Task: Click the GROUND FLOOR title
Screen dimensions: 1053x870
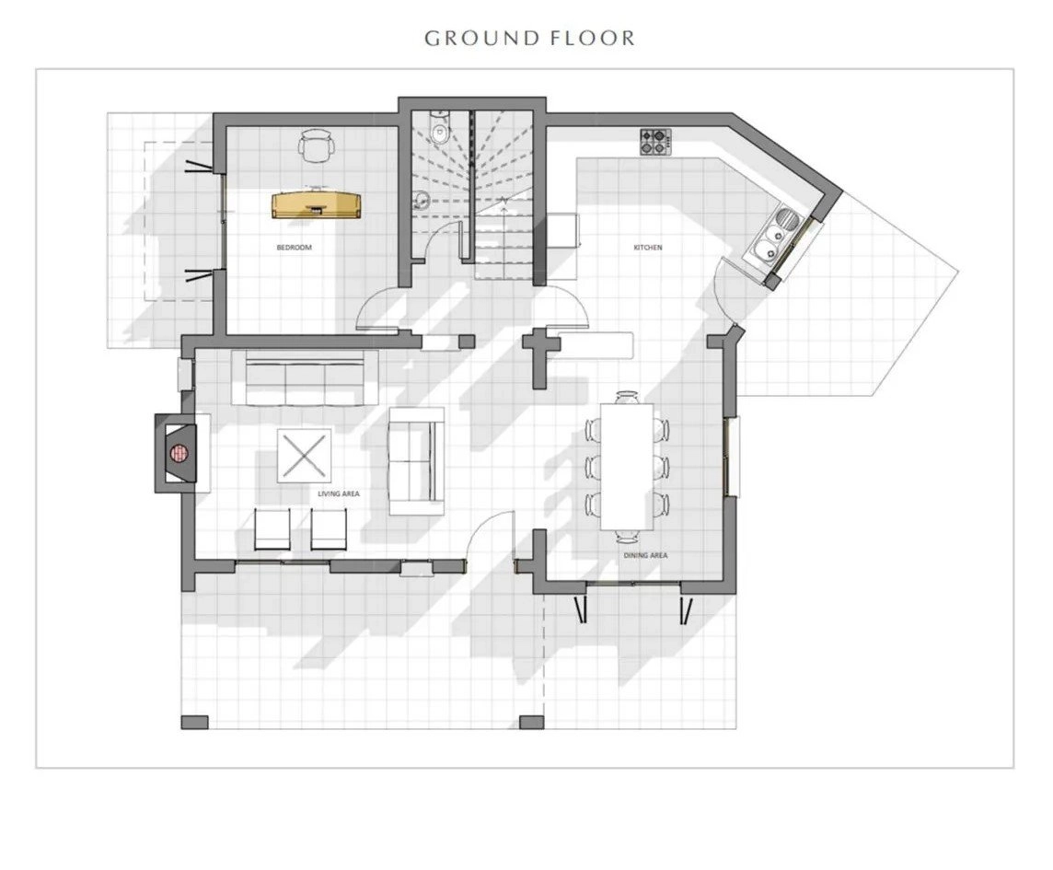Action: (530, 39)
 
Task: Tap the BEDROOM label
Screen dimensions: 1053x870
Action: (295, 248)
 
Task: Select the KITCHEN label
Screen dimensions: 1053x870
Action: (648, 248)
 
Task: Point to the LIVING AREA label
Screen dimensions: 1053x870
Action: (339, 493)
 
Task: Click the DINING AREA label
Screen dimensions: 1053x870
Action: (645, 555)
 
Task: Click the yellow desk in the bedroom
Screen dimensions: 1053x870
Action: (317, 205)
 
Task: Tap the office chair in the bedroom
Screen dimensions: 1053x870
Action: (316, 145)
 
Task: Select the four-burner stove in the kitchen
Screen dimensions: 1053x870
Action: (655, 143)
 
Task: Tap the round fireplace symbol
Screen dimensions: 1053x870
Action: (179, 454)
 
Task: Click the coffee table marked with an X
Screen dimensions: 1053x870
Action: (305, 456)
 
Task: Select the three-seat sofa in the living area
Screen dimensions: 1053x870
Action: (297, 377)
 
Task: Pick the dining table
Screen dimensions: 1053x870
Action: (627, 466)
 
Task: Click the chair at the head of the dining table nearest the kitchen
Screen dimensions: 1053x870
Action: (627, 397)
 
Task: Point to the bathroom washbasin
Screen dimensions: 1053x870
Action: (422, 200)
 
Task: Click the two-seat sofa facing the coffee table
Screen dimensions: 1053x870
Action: (417, 461)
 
